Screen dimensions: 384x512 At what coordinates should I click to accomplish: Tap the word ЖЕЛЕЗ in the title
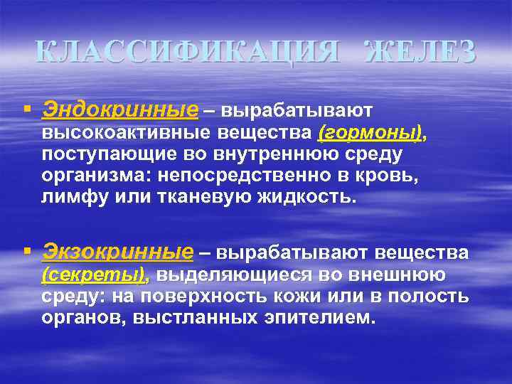pos(420,52)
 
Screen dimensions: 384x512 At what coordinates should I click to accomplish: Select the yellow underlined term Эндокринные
pos(120,110)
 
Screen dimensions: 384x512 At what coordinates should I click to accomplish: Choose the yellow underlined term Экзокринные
pos(118,252)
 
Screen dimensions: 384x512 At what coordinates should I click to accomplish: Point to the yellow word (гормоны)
pos(370,133)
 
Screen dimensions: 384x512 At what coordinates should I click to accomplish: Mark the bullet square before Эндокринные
pos(27,110)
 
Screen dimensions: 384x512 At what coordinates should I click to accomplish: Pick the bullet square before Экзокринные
pos(27,251)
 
